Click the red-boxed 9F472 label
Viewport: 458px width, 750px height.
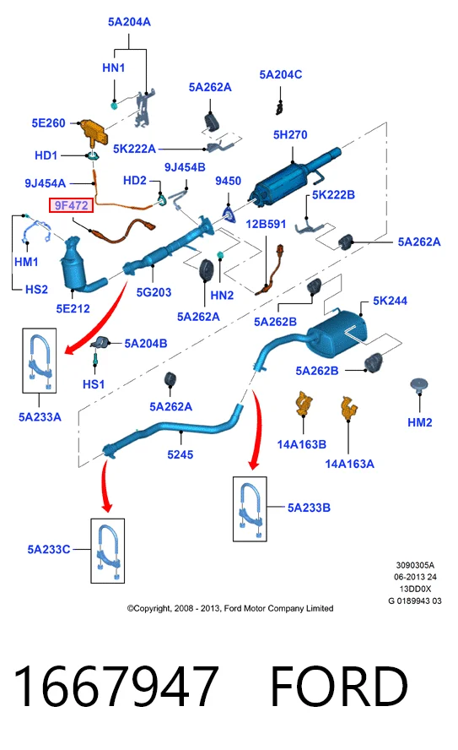tap(71, 205)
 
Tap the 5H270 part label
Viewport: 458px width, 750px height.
tap(290, 135)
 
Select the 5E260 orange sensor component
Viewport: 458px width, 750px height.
tap(93, 131)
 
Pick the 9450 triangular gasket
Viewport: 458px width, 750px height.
tap(229, 214)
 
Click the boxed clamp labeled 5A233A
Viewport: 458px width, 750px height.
tap(39, 361)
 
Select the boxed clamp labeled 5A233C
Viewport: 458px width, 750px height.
tap(107, 551)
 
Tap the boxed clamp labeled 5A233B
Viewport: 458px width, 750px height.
tap(250, 509)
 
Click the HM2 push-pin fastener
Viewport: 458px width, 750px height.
tap(419, 385)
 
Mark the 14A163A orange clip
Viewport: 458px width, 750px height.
tap(349, 408)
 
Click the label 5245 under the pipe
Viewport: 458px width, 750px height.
tap(180, 454)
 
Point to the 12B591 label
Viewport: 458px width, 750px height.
tap(266, 224)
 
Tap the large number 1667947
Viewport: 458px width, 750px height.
tap(116, 686)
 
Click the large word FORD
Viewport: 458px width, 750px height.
tap(339, 686)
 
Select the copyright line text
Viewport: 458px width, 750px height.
tap(230, 608)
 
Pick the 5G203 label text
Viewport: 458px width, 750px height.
tap(154, 292)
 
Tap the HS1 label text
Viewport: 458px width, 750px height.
tap(94, 384)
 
